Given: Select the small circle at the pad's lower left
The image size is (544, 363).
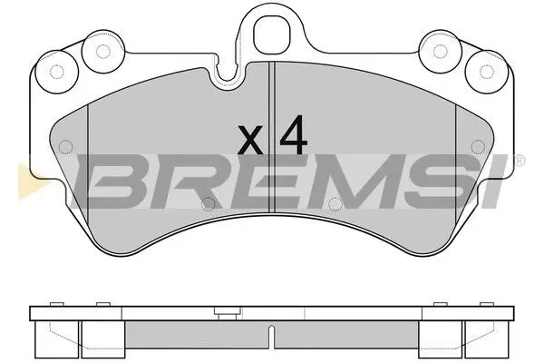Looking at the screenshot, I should (x=207, y=202).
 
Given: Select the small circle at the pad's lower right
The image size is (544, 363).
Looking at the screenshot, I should (x=336, y=202).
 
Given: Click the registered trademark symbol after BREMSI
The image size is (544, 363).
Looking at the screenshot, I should (x=519, y=162).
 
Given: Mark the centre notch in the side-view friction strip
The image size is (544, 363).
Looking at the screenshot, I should (x=272, y=338).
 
